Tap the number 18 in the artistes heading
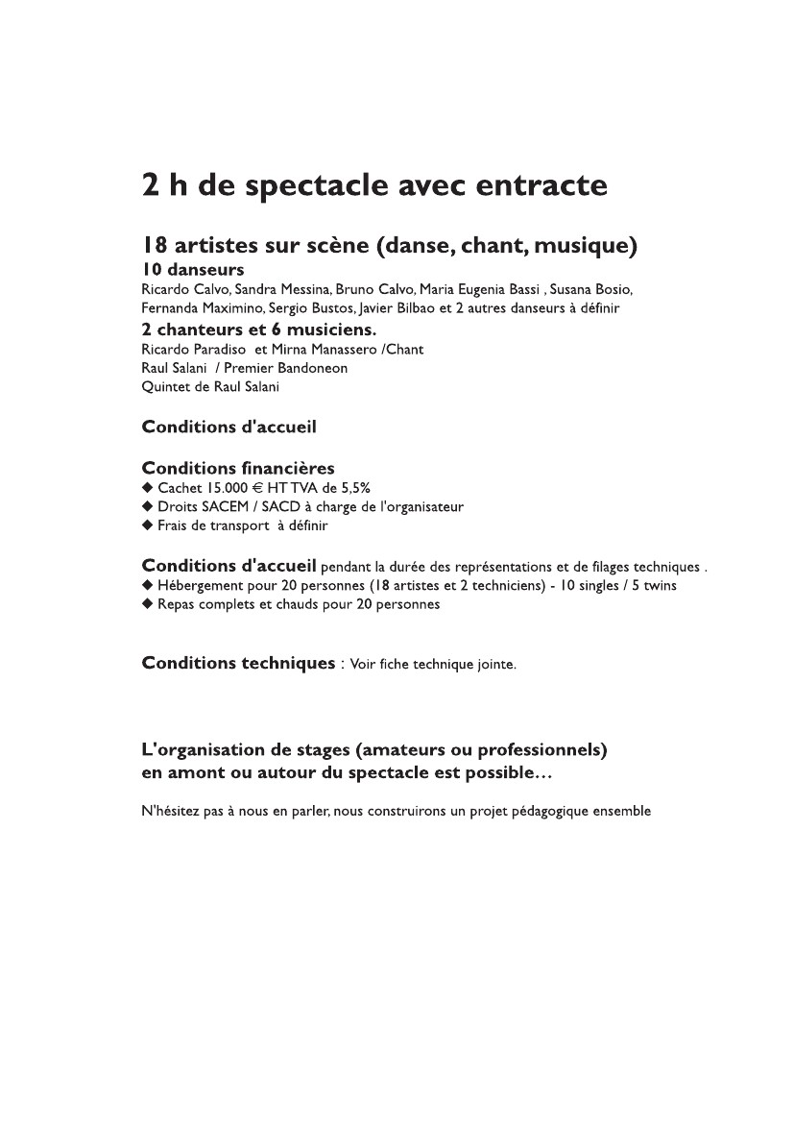tap(155, 246)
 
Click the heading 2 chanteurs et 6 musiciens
tap(258, 330)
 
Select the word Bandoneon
tap(313, 368)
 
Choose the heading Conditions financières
tap(238, 468)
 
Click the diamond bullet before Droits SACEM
tap(147, 506)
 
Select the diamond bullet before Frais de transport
tap(147, 525)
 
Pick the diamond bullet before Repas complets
tap(147, 604)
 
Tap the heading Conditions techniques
tap(237, 663)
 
